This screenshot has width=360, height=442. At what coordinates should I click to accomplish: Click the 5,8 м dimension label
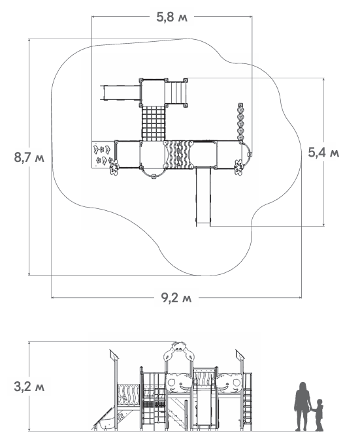[x=172, y=17]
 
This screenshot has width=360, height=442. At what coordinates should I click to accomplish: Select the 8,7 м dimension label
[x=29, y=157]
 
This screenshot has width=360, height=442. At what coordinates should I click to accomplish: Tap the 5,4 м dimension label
[x=323, y=153]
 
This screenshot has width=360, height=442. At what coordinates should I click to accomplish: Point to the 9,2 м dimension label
[x=176, y=298]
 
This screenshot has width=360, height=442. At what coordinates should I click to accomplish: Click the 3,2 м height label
[x=29, y=387]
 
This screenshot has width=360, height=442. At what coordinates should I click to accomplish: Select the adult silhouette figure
[x=303, y=406]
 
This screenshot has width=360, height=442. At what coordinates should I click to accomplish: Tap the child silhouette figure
[x=319, y=415]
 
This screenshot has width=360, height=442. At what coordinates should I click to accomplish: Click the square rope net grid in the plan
[x=153, y=123]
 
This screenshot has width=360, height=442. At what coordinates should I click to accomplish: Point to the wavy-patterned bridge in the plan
[x=178, y=155]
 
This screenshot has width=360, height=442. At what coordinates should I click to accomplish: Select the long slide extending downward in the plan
[x=203, y=197]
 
